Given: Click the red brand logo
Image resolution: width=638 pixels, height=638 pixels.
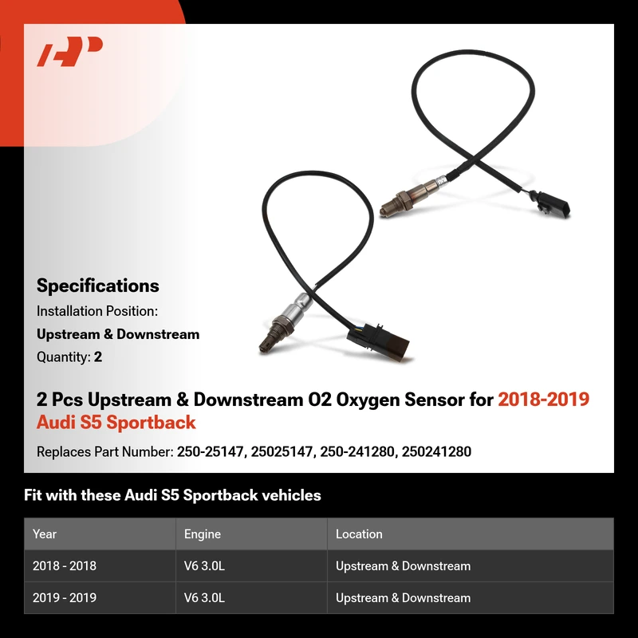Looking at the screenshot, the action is tap(69, 51).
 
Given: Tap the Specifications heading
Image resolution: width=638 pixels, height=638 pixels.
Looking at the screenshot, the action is tap(97, 286).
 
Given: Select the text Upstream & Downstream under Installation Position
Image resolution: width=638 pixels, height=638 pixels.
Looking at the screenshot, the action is tap(118, 334).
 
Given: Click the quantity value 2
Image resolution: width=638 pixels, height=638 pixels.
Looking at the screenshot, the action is tap(98, 356).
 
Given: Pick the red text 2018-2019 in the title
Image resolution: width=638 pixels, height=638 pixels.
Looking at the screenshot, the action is tap(544, 400).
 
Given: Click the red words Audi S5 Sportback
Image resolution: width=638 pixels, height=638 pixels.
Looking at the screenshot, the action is tap(116, 422).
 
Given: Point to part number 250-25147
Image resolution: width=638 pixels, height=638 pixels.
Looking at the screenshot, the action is tap(210, 451).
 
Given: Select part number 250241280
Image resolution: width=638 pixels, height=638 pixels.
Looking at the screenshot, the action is tap(436, 451).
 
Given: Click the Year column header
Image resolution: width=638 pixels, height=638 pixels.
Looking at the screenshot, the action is tap(45, 534).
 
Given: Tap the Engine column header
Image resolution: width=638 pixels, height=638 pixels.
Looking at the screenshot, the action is tap(203, 534).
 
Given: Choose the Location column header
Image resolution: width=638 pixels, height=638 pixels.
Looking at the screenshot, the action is tap(359, 534).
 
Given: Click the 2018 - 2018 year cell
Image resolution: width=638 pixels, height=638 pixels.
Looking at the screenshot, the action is tap(65, 566).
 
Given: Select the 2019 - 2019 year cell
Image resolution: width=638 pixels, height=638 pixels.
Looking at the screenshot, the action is tap(65, 597).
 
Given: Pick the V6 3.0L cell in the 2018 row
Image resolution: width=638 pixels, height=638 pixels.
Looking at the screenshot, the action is tap(204, 566).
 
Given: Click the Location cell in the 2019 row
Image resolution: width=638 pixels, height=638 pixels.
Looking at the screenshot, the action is tap(403, 597).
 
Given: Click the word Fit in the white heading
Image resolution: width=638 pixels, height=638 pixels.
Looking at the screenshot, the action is tap(32, 495).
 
